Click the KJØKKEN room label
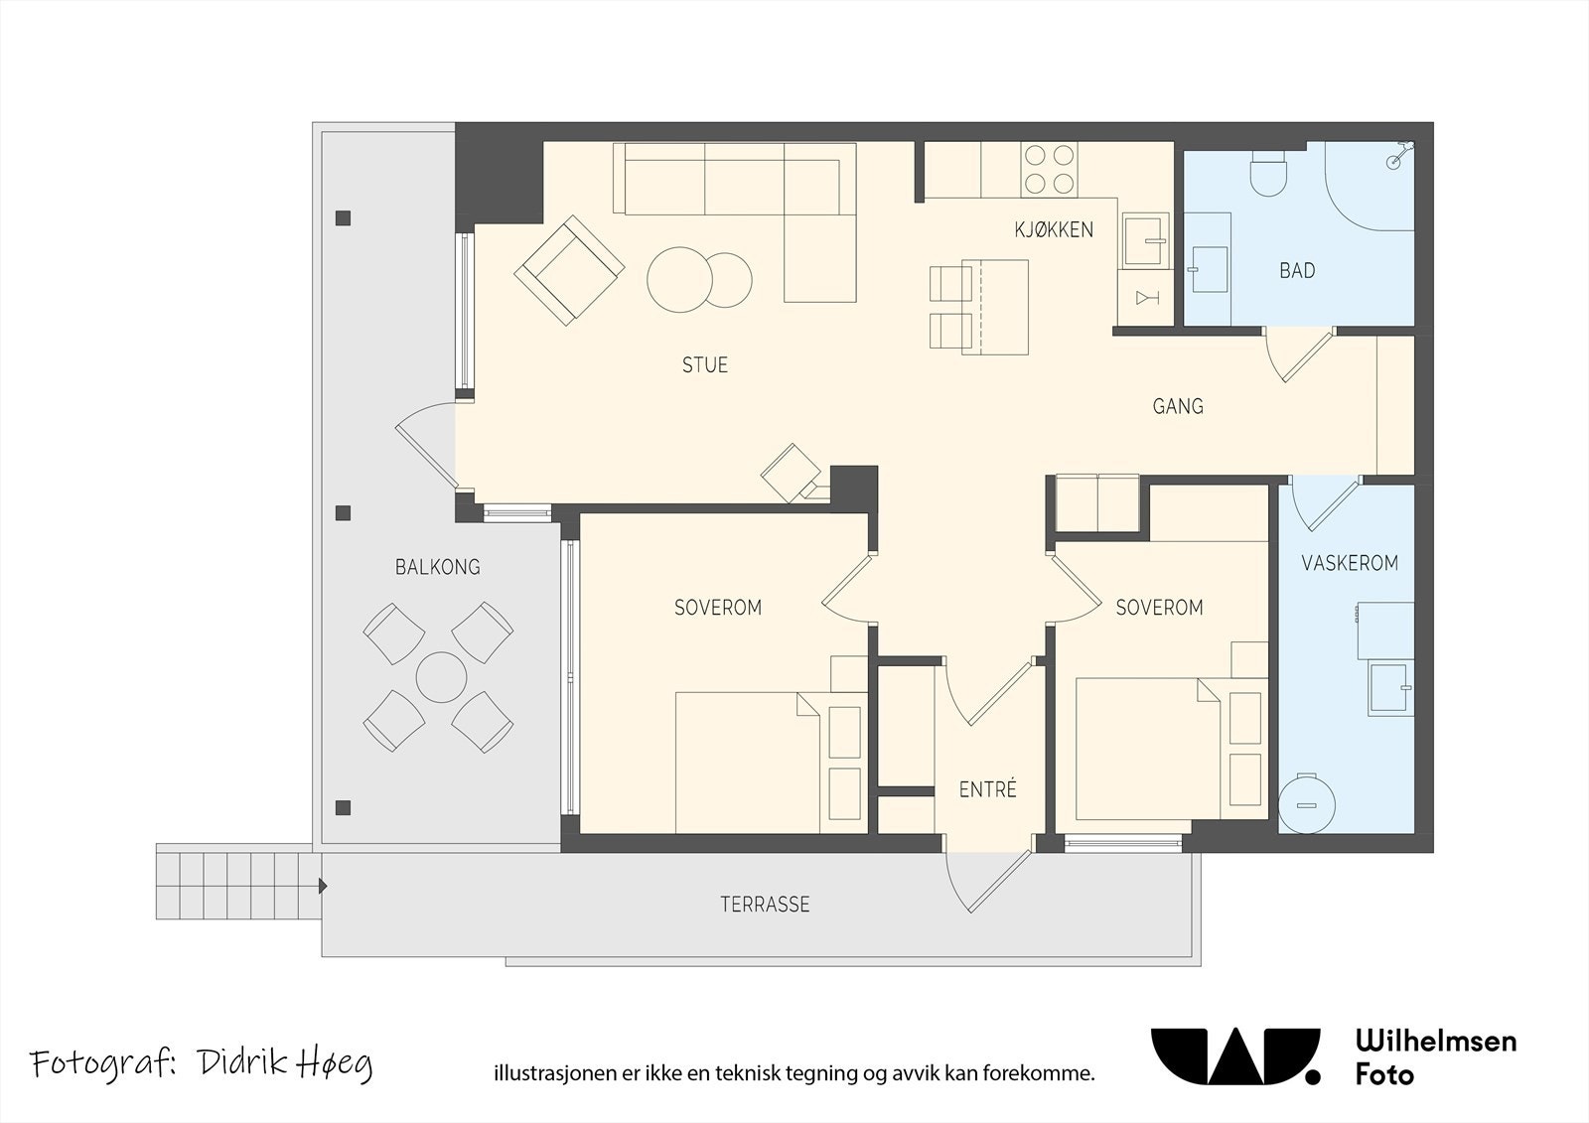point(1054,229)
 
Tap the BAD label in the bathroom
point(1297,270)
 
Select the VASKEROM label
point(1350,563)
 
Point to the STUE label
point(705,364)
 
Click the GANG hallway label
point(1178,406)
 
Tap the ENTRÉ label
point(987,788)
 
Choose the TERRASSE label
point(765,905)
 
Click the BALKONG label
point(438,567)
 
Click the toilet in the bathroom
point(1268,173)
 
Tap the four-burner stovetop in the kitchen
point(1049,170)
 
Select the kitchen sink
point(1145,239)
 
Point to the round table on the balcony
point(441,677)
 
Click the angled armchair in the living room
point(570,270)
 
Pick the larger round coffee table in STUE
point(679,279)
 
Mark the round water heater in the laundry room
point(1307,804)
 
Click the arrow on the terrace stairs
point(323,886)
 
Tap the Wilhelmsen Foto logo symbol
point(1235,1057)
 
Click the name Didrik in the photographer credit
point(243,1062)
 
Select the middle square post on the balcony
point(344,513)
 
